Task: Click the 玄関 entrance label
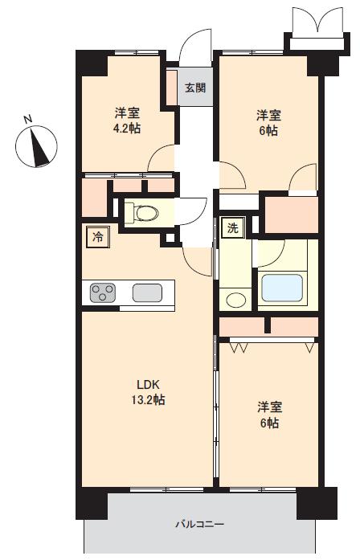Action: [195, 88]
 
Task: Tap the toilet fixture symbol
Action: [141, 213]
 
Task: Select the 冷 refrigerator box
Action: [97, 237]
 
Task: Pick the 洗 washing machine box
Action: [232, 228]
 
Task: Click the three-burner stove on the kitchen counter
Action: [103, 292]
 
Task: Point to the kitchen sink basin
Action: [147, 292]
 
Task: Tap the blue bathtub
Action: [282, 288]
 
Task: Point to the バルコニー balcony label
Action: [199, 525]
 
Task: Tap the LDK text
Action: [148, 384]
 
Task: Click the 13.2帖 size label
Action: [148, 399]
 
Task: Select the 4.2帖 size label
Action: [126, 129]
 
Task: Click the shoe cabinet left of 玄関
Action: [172, 88]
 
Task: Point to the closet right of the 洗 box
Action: [292, 215]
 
